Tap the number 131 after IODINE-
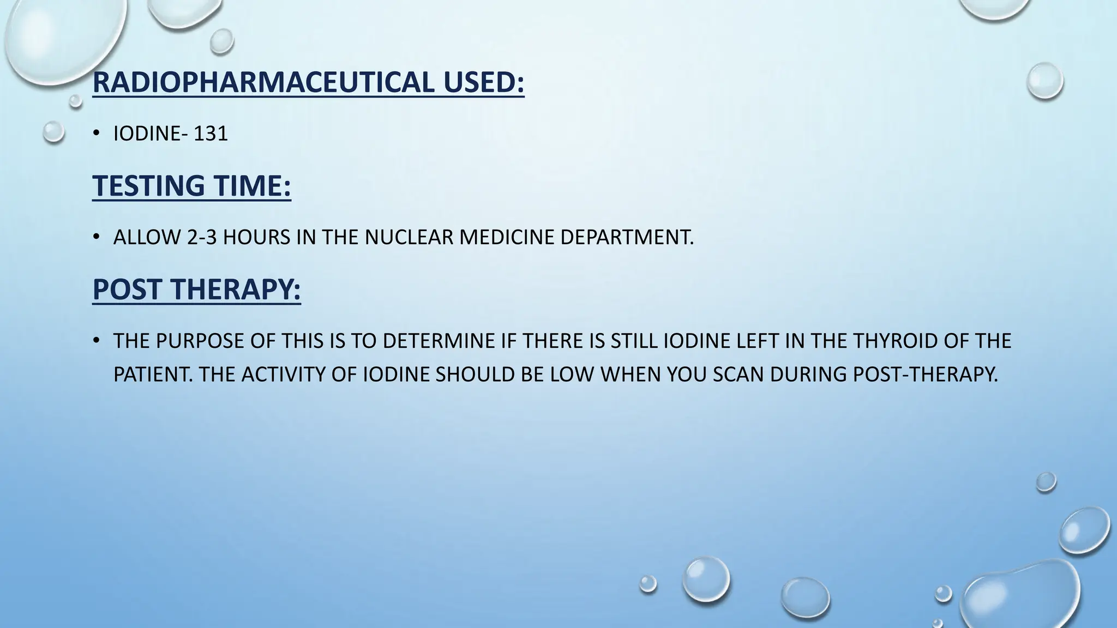point(211,134)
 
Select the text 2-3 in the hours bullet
point(202,237)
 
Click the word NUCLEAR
point(409,237)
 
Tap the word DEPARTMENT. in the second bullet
point(627,237)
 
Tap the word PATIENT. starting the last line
point(153,375)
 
